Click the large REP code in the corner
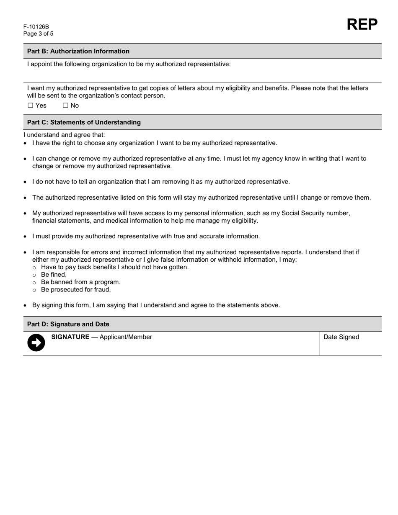coord(362,25)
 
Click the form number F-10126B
coord(36,27)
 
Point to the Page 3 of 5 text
coord(38,34)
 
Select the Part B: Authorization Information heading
coord(78,51)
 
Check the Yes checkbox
coord(30,106)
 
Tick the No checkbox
coord(65,106)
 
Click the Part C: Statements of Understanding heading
coord(84,122)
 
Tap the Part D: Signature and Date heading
coord(68,324)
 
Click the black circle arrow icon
coord(36,342)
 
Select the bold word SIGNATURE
coord(70,337)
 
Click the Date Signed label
coord(341,337)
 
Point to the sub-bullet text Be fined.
coord(54,275)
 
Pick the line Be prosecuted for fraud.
coord(76,290)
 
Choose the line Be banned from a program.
coord(80,282)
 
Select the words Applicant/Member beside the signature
coord(126,337)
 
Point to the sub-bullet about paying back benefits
coord(115,267)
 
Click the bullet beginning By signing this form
coord(156,305)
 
